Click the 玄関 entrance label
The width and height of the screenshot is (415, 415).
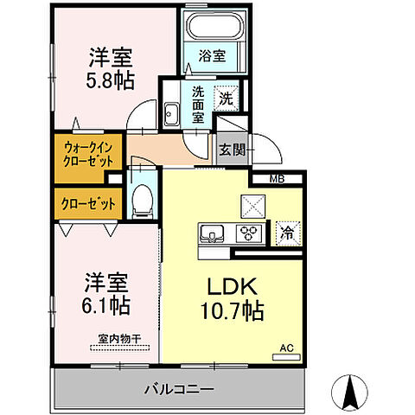coord(231,150)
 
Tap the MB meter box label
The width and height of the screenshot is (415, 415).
coord(277,180)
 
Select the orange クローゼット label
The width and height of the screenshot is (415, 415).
coord(84,204)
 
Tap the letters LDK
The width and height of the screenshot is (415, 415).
coord(229,286)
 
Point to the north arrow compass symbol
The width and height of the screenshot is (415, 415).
coord(353,393)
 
